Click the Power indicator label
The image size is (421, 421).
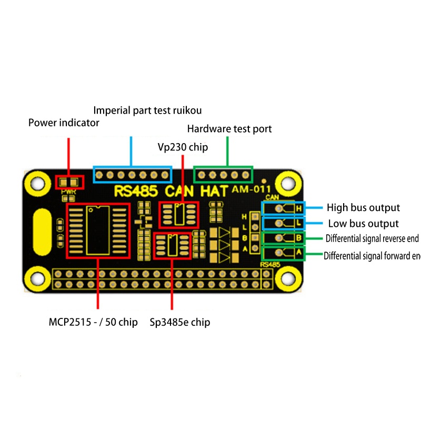click(64, 123)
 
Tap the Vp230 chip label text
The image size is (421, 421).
click(183, 147)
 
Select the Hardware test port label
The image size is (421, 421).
click(229, 129)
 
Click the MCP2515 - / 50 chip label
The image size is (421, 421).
click(93, 322)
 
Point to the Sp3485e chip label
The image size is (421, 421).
click(180, 322)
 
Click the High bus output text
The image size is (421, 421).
click(363, 208)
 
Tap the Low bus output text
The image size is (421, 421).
click(363, 224)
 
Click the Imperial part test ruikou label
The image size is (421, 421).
click(147, 111)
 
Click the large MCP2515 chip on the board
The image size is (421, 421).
click(97, 230)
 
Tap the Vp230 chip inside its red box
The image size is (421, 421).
click(178, 215)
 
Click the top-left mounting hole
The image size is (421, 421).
click(37, 183)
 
